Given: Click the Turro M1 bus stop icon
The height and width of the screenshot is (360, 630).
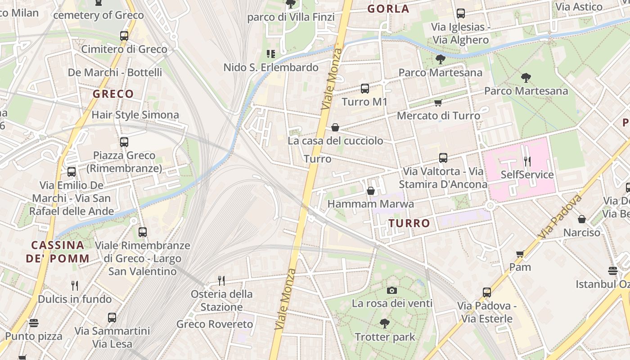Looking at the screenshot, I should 365,89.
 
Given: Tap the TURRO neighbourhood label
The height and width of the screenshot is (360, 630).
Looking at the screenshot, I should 409,223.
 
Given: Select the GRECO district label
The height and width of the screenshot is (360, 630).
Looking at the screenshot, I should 113,94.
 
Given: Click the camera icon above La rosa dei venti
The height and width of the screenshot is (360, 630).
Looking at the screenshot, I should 392,290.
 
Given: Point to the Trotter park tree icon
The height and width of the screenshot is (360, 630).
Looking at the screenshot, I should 384,323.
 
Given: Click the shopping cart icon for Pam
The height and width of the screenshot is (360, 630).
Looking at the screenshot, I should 520,254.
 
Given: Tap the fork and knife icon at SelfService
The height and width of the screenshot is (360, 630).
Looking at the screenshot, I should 527,161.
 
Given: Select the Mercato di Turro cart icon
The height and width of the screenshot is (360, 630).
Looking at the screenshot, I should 438,103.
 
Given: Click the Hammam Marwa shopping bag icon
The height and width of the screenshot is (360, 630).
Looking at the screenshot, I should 371,191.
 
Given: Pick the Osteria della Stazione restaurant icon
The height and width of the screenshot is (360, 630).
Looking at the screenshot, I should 221,281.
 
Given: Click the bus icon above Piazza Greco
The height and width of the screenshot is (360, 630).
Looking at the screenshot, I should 124,142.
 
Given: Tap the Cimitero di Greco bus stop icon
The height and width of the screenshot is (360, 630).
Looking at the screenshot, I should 124,36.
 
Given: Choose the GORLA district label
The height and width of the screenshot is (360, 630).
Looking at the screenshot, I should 388,9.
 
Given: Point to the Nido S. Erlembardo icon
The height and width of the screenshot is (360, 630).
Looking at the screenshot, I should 271,54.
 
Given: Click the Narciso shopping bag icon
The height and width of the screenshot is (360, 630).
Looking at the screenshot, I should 582,219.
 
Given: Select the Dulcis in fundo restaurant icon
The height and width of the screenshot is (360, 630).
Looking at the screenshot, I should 75,285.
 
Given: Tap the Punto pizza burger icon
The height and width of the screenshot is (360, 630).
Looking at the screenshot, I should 34,323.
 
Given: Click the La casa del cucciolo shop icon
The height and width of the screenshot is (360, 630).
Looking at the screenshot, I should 335,127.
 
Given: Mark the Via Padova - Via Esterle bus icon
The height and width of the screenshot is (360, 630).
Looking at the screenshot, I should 487,292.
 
